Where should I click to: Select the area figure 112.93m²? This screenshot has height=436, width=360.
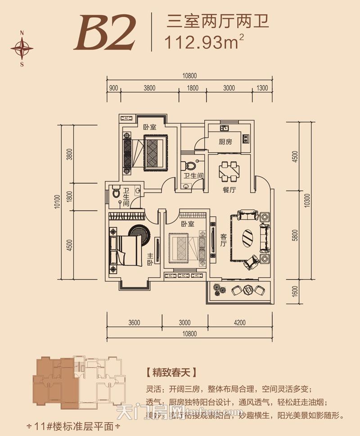(x=205, y=43)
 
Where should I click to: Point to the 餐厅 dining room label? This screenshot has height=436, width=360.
(x=229, y=190)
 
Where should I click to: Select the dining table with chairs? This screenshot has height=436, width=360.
(x=229, y=170)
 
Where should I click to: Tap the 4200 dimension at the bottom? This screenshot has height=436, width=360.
(x=239, y=322)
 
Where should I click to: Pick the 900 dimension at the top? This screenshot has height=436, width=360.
(x=113, y=87)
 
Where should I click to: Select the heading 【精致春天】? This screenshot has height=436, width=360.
(x=172, y=372)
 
